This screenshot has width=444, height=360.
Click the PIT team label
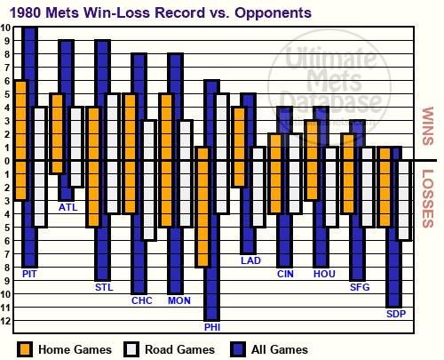point(29,274)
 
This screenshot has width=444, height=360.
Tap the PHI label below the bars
point(212,327)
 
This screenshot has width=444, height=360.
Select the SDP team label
point(396,314)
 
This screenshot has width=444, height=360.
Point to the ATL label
point(68,207)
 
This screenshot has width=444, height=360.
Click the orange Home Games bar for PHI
point(203,207)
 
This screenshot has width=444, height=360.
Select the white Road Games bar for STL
point(113,154)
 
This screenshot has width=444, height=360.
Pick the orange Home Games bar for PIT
point(20,140)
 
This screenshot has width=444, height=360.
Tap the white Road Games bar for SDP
point(404,200)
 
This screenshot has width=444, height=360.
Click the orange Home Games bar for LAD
point(239,147)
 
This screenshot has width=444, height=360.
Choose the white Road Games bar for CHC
point(149,180)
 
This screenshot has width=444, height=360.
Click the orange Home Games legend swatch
point(25,349)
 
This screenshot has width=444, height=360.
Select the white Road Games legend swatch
point(131,349)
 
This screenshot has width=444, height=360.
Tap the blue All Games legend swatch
point(238,349)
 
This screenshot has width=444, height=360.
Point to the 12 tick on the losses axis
point(5,321)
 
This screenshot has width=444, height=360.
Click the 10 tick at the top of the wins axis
point(5,28)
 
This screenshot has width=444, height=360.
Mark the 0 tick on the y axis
point(7,161)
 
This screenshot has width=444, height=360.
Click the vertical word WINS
point(427,126)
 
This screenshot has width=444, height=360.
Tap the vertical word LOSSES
point(427,198)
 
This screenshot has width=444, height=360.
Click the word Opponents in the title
point(273,13)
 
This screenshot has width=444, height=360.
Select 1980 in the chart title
point(26,13)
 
